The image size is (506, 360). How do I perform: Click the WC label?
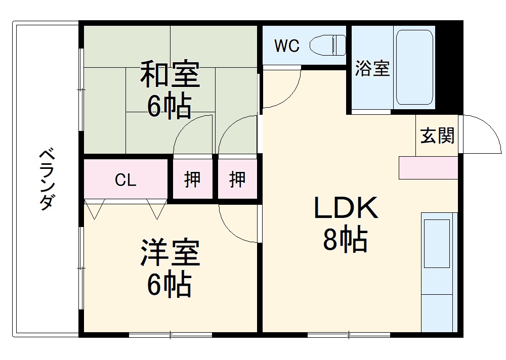[287, 46]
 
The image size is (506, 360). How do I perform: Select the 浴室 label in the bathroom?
[372, 68]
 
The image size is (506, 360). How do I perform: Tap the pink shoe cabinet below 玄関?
[428, 167]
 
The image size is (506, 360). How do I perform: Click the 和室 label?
[170, 75]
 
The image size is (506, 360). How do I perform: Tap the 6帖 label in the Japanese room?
[169, 106]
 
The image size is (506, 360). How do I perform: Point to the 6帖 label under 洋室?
[169, 284]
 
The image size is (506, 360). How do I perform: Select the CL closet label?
[125, 180]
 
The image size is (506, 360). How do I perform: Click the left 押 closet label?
[192, 179]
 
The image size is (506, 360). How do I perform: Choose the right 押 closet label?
[237, 179]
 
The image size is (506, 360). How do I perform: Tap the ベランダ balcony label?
[47, 179]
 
